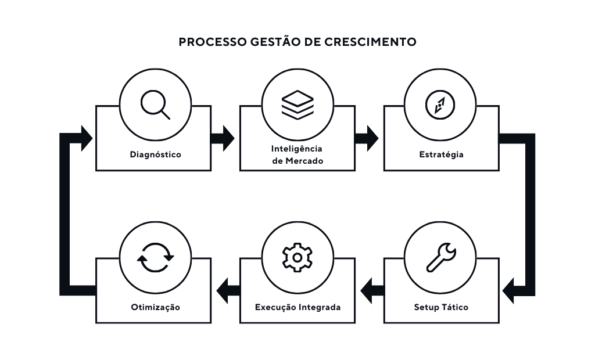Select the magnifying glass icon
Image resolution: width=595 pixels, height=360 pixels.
pyautogui.click(x=155, y=105)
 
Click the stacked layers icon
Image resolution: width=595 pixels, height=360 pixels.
pyautogui.click(x=297, y=105)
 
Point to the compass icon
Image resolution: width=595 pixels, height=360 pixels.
pyautogui.click(x=440, y=105)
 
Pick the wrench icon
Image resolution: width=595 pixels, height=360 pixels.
pyautogui.click(x=441, y=257)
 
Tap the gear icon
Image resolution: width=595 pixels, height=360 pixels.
pyautogui.click(x=297, y=257)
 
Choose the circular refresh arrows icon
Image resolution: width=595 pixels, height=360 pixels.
pyautogui.click(x=155, y=257)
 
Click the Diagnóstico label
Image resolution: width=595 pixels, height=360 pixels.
pyautogui.click(x=155, y=154)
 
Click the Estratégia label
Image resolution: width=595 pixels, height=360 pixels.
pyautogui.click(x=441, y=154)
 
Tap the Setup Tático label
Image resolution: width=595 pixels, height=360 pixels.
pyautogui.click(x=441, y=307)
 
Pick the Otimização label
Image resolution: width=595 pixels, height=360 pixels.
pyautogui.click(x=155, y=307)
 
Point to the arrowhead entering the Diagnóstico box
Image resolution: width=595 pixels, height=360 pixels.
pyautogui.click(x=86, y=138)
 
